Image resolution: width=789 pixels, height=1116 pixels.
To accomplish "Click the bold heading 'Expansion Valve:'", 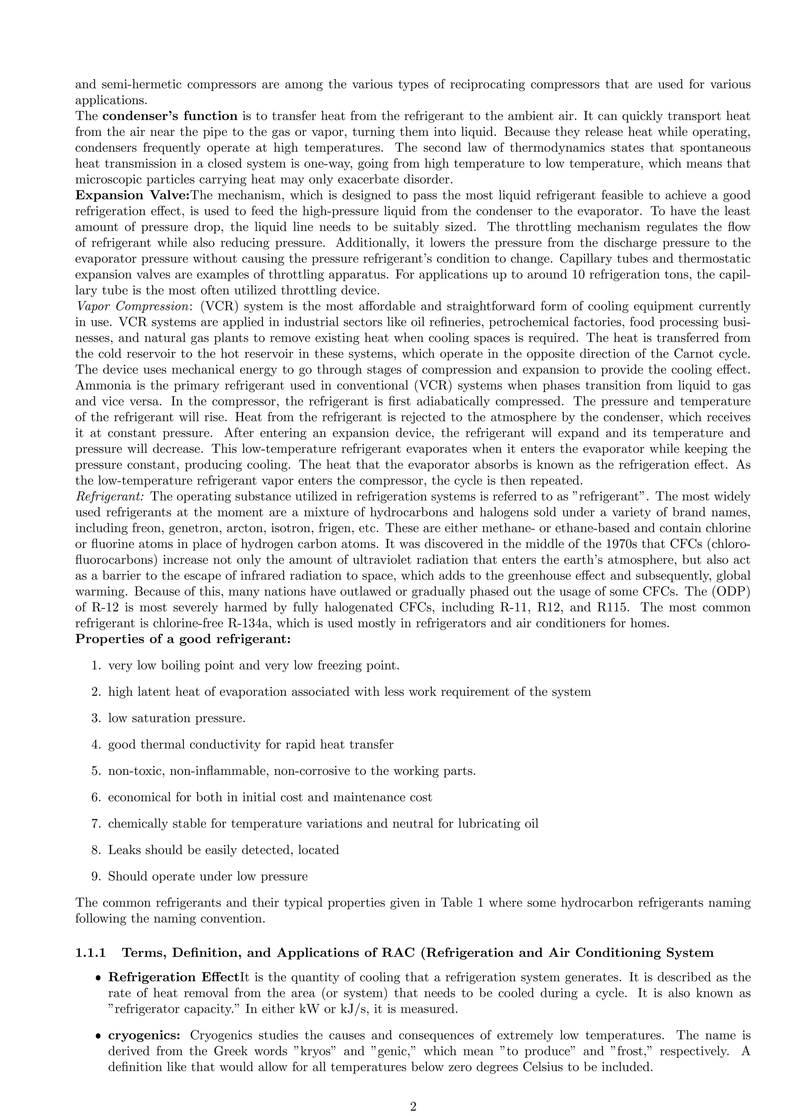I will (x=132, y=195).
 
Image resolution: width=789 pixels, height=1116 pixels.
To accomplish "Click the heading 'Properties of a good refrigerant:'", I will (x=183, y=639).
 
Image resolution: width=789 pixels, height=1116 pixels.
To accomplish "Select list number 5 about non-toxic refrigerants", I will (x=96, y=771).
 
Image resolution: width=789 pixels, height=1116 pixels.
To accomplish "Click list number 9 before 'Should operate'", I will (x=96, y=877).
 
